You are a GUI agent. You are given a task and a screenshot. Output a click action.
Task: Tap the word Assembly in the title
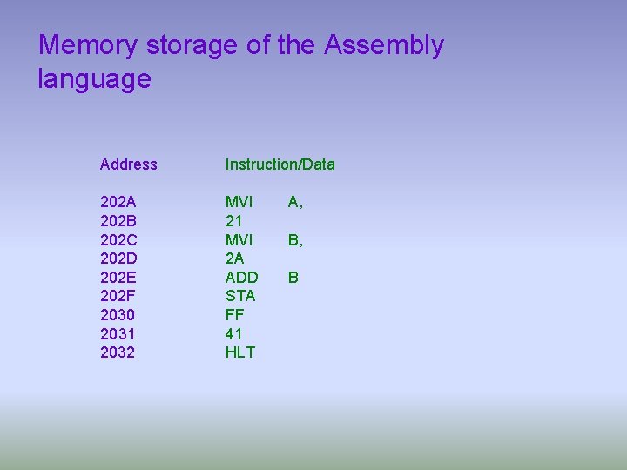point(383,45)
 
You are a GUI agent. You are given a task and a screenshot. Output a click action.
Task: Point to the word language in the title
point(94,79)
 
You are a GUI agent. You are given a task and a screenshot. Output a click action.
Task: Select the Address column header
point(129,164)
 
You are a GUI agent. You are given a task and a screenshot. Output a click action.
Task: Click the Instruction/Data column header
point(280,164)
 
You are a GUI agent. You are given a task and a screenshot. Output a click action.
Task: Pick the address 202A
point(118,202)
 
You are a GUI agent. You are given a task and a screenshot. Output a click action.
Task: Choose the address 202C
point(118,239)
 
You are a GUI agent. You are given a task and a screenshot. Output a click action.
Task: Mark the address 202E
point(118,277)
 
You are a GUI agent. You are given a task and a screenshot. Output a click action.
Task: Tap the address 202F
point(118,296)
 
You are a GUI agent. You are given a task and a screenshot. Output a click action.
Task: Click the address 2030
point(118,315)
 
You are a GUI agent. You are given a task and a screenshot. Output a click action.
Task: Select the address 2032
point(118,352)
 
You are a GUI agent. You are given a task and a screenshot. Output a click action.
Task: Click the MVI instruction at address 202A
point(239,202)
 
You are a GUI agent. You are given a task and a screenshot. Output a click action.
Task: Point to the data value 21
point(233,221)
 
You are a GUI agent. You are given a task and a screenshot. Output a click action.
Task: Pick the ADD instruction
point(241,277)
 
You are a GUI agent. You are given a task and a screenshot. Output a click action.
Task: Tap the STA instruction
point(240,296)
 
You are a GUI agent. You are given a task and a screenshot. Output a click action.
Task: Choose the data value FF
point(233,315)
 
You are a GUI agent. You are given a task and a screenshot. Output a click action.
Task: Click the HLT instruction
point(239,352)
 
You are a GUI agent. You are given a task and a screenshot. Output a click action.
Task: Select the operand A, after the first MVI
point(295,202)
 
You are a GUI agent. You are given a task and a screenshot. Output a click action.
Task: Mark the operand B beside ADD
point(293,277)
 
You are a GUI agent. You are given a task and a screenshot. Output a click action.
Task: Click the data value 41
point(233,333)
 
